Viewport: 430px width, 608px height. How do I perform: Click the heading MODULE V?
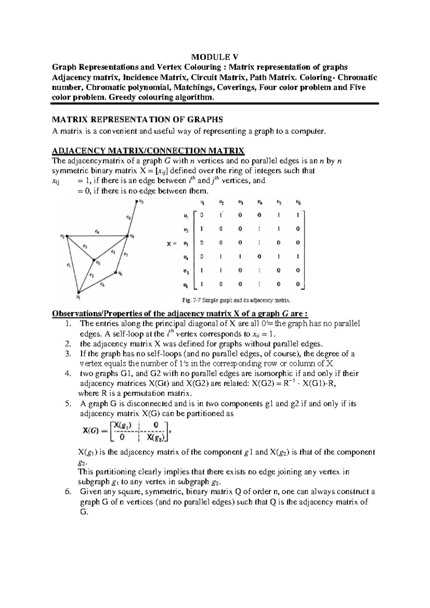[x=215, y=57]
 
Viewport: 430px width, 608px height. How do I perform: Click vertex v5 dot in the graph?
[x=94, y=260]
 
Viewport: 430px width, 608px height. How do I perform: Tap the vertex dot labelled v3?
[x=137, y=201]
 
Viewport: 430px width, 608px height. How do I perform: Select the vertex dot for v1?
[x=78, y=292]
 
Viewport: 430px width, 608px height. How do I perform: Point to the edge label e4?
[x=97, y=232]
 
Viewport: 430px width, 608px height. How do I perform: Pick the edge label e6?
[x=102, y=284]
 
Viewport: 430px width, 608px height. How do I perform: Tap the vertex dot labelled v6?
[x=116, y=272]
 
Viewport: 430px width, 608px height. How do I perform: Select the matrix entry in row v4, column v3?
[x=240, y=257]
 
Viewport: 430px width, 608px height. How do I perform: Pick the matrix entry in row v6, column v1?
[x=202, y=284]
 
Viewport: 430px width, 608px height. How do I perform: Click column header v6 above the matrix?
[x=298, y=203]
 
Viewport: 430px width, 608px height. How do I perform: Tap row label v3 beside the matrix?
[x=185, y=243]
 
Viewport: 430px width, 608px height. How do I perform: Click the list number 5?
[x=68, y=404]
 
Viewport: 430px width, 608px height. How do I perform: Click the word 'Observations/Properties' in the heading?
[x=97, y=314]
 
